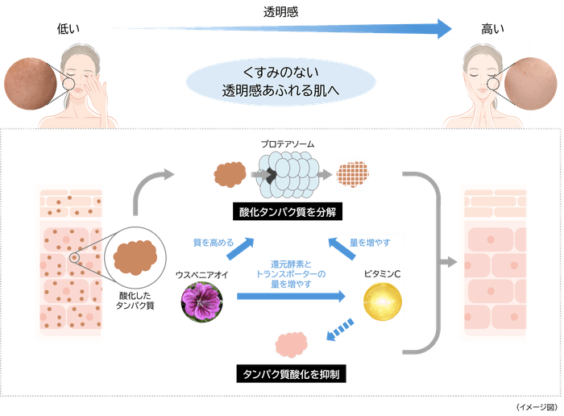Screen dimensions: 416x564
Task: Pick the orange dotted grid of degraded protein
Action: pos(350,173)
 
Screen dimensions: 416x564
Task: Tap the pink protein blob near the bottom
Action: pos(292,343)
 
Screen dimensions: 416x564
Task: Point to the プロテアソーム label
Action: pos(287,142)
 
